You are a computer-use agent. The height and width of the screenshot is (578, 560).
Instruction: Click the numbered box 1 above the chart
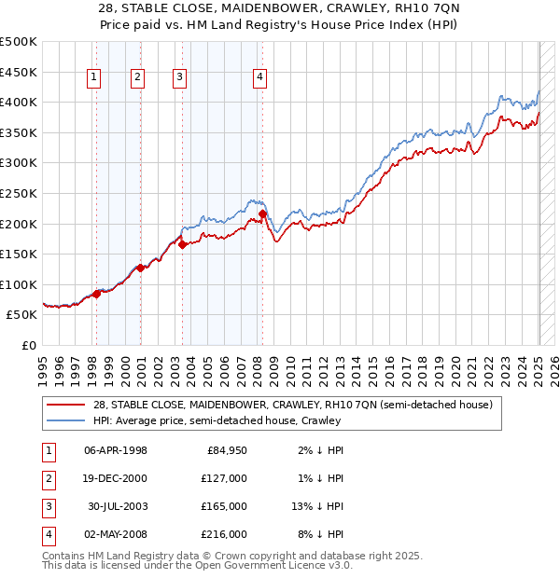point(95,78)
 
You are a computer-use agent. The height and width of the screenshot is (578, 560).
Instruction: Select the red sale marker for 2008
point(263,213)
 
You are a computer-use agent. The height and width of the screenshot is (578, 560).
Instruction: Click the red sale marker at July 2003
point(183,244)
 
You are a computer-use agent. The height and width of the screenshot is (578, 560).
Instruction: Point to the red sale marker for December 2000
point(140,268)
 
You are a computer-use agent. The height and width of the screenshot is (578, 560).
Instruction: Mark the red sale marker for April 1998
point(96,294)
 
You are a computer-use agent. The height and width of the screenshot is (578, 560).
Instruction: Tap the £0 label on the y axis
point(29,345)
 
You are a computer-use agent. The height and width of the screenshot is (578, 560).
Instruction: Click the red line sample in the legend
point(66,405)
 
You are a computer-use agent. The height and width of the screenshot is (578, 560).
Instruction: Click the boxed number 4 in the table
point(48,534)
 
